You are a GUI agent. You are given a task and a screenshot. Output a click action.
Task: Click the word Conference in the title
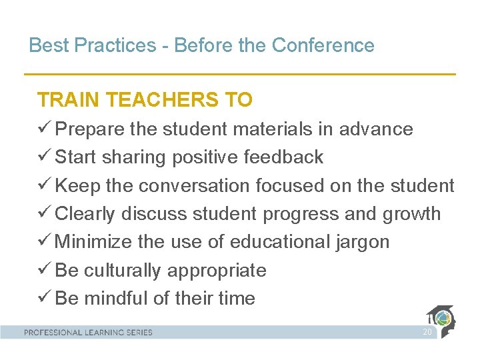[x=323, y=45]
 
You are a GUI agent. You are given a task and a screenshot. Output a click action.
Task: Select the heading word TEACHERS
[x=163, y=100]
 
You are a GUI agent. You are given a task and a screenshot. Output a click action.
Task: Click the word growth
[x=412, y=214]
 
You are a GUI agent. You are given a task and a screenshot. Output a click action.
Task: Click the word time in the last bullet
[x=233, y=298]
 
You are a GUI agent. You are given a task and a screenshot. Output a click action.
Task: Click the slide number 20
[x=427, y=332]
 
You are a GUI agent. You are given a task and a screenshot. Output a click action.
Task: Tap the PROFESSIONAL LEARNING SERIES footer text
[x=89, y=332]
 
